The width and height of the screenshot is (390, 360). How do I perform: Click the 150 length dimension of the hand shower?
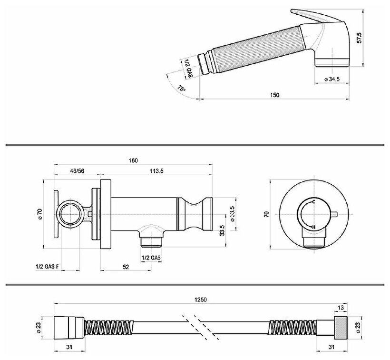[274, 95]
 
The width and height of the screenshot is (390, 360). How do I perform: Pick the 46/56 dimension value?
[77, 171]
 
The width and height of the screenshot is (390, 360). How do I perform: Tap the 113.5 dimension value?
[156, 171]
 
